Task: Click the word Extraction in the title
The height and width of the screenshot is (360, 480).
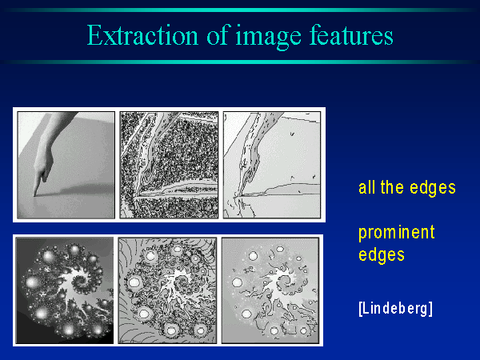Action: [x=142, y=35]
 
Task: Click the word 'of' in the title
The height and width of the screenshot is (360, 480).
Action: [x=218, y=35]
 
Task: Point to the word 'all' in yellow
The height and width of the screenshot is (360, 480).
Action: [x=366, y=187]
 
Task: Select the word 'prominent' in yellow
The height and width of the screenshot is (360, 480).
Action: [x=397, y=234]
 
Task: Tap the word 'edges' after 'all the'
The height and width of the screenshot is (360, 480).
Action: [x=433, y=188]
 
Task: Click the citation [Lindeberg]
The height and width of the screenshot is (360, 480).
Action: [x=395, y=309]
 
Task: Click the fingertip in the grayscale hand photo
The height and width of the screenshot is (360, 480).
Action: [x=34, y=194]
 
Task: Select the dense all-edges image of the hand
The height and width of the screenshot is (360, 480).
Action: [x=169, y=165]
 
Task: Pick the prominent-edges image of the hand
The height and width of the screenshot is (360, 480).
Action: [x=272, y=165]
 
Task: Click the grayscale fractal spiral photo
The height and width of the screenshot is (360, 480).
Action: [x=65, y=290]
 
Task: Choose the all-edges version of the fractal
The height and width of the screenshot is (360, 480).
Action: [x=167, y=290]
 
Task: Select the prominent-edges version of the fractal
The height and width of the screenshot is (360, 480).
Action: [x=270, y=290]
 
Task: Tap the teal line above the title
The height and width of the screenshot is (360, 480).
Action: [x=240, y=10]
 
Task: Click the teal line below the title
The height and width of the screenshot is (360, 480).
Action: [x=240, y=62]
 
